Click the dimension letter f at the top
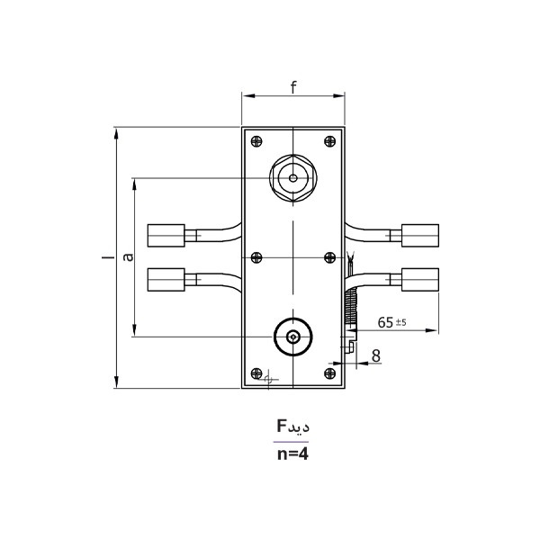click(293, 86)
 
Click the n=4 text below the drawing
click(292, 454)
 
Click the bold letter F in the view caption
click(282, 425)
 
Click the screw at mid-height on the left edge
click(257, 258)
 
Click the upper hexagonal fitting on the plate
click(293, 176)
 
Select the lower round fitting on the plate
click(293, 337)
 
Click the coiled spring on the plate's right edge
click(352, 310)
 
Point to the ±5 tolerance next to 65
click(400, 321)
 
